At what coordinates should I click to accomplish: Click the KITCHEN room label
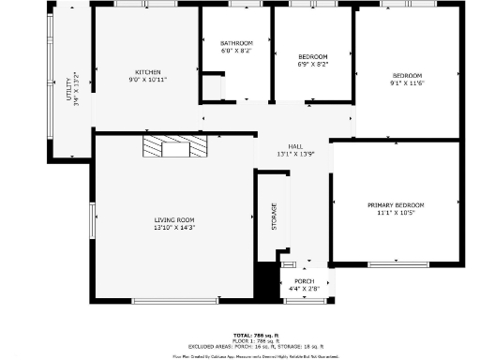pos(148,72)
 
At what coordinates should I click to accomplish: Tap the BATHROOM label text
pos(236,43)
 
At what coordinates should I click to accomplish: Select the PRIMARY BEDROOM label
pos(396,204)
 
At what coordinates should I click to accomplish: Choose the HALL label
pos(295,146)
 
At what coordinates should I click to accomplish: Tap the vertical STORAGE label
pos(275,217)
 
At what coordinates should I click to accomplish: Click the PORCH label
pos(304,281)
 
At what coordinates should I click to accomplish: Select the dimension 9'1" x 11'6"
pos(407,83)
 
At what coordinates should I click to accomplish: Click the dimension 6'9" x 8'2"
pos(312,65)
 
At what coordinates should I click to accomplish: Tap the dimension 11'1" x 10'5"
pos(396,213)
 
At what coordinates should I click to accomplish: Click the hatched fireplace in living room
pos(173,146)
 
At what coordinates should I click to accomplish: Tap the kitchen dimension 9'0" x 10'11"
pos(148,80)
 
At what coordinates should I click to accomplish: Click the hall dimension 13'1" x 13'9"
pos(295,154)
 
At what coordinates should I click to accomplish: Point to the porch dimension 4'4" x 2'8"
pos(304,289)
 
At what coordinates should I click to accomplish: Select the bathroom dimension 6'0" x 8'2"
pos(236,51)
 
